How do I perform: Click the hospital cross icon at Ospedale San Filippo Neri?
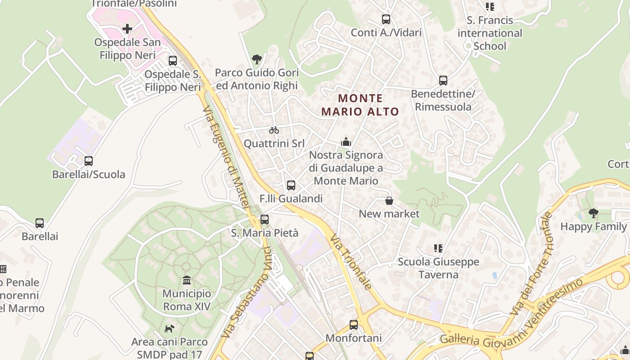pos(127,29)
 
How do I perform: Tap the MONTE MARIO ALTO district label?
pos(360,105)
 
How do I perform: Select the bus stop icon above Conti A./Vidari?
pos(386,19)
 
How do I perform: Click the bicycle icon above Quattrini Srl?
pos(274,130)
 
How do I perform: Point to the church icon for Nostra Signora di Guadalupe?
pos(346,142)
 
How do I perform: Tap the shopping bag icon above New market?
pos(389,201)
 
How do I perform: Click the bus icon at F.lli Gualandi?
pos(291,185)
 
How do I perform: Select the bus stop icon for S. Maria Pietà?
pos(265,220)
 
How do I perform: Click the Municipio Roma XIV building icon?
pos(187,281)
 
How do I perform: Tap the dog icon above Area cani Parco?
pos(169,328)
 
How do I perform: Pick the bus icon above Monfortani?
pos(354,324)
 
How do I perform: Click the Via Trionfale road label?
pos(351,262)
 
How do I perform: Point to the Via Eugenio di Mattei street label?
pos(225,157)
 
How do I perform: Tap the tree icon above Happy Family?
pos(594,213)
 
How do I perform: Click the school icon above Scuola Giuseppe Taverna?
pos(438,248)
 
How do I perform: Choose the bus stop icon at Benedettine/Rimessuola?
pos(443,81)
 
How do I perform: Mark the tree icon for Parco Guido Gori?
pos(257,59)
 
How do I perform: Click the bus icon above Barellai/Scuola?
pos(89,161)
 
